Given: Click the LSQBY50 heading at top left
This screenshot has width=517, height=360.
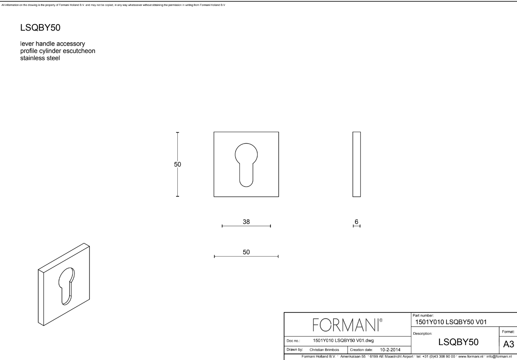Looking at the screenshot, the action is (41, 28).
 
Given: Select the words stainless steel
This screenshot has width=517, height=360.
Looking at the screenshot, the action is (40, 58).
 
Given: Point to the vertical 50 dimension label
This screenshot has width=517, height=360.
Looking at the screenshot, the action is (177, 164).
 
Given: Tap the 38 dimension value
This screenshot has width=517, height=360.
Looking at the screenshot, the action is (246, 222).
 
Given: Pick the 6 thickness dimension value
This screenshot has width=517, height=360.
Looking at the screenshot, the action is (356, 222).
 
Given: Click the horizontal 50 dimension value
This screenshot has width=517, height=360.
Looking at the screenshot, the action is (246, 252).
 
